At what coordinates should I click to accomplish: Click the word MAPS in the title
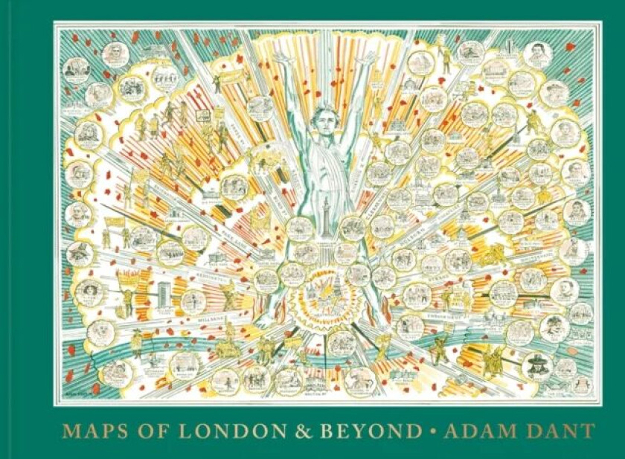click(88, 431)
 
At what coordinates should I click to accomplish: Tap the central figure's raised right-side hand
click(366, 56)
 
